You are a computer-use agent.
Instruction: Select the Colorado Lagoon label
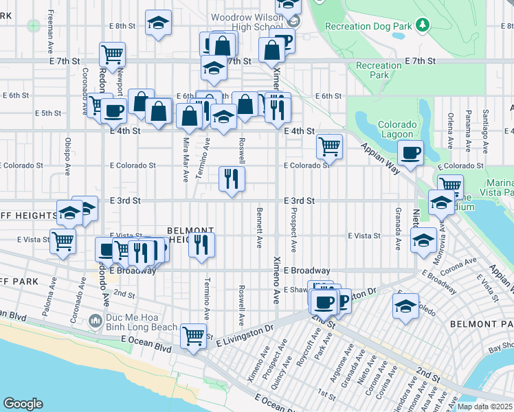pyautogui.click(x=396, y=130)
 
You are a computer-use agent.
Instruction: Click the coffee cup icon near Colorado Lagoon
pyautogui.click(x=411, y=153)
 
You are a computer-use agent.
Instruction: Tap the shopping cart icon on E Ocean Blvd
pyautogui.click(x=194, y=336)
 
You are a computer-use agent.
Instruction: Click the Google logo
pyautogui.click(x=23, y=403)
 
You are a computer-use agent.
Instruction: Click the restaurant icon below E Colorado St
pyautogui.click(x=232, y=179)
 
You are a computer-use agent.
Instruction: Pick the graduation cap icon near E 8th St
pyautogui.click(x=158, y=23)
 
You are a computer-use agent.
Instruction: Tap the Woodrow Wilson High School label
pyautogui.click(x=247, y=21)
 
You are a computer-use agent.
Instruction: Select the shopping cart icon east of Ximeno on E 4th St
pyautogui.click(x=330, y=146)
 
